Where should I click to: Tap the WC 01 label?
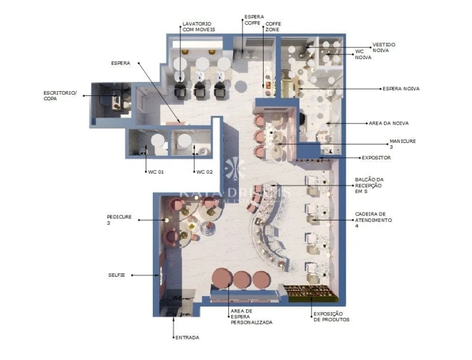pyautogui.click(x=155, y=172)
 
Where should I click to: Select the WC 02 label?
pyautogui.click(x=205, y=172)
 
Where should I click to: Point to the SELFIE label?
pyautogui.click(x=117, y=275)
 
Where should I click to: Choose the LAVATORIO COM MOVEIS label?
pyautogui.click(x=198, y=26)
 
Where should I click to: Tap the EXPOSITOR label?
pyautogui.click(x=376, y=157)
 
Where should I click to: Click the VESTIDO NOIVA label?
pyautogui.click(x=384, y=47)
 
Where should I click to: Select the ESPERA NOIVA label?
pyautogui.click(x=401, y=89)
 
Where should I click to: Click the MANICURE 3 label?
pyautogui.click(x=402, y=144)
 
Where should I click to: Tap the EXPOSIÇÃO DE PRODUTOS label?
pyautogui.click(x=331, y=317)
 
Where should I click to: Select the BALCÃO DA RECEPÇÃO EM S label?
pyautogui.click(x=369, y=185)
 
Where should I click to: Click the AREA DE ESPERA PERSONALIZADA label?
pyautogui.click(x=251, y=317)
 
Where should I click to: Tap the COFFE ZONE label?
pyautogui.click(x=273, y=26)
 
